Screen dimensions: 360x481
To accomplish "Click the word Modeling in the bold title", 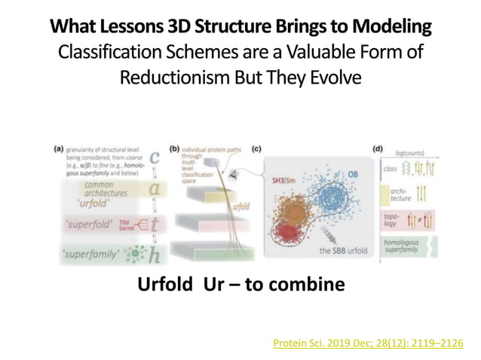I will tap(396, 28).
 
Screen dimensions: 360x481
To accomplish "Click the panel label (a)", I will tap(58, 149).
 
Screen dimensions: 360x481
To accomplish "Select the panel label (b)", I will tap(175, 149).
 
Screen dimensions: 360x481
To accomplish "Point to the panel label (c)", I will tap(256, 149).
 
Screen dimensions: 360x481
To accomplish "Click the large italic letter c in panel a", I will tap(155, 157).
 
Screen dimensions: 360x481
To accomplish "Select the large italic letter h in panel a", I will tap(154, 255).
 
